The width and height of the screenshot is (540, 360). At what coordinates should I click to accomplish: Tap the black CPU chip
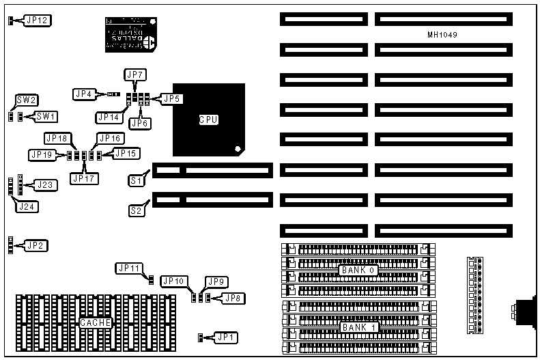tap(208, 119)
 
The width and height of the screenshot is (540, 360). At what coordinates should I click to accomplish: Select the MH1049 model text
tap(442, 34)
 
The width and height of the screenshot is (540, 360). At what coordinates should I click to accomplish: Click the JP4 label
tap(84, 94)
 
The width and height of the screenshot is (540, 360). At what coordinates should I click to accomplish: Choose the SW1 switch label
tap(45, 116)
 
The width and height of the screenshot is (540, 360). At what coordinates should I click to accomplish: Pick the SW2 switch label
tap(27, 100)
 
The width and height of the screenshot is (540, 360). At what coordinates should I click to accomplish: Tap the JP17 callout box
tap(84, 179)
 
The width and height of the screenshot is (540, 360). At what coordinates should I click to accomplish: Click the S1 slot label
tap(136, 180)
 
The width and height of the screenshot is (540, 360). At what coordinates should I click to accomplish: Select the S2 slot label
tap(136, 210)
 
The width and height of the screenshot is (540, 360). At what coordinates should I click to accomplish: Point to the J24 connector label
tap(27, 206)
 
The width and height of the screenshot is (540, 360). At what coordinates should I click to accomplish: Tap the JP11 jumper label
tap(128, 268)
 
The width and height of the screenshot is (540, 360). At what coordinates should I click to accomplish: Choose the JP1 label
tap(224, 337)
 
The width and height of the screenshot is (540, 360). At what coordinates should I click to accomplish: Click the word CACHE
tap(95, 322)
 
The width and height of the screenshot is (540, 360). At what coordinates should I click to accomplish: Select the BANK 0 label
tap(358, 271)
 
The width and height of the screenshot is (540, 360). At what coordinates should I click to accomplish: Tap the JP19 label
tap(42, 155)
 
